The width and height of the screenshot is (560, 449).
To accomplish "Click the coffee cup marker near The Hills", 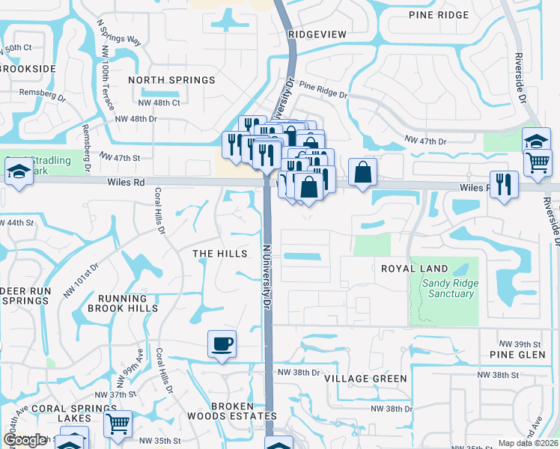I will [x=222, y=344].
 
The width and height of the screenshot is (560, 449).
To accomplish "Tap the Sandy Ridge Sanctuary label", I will [x=448, y=288].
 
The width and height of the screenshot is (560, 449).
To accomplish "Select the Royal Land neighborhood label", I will [x=414, y=269].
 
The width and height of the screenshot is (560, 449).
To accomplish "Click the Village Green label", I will [x=365, y=379].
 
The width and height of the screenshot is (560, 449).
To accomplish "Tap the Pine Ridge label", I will [x=439, y=15].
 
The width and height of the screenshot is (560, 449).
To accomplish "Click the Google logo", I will [x=25, y=440].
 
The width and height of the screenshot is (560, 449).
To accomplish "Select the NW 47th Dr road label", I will [x=425, y=140].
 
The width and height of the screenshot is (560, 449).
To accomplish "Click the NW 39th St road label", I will [x=533, y=343].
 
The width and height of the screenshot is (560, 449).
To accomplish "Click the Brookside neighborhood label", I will [x=28, y=68].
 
